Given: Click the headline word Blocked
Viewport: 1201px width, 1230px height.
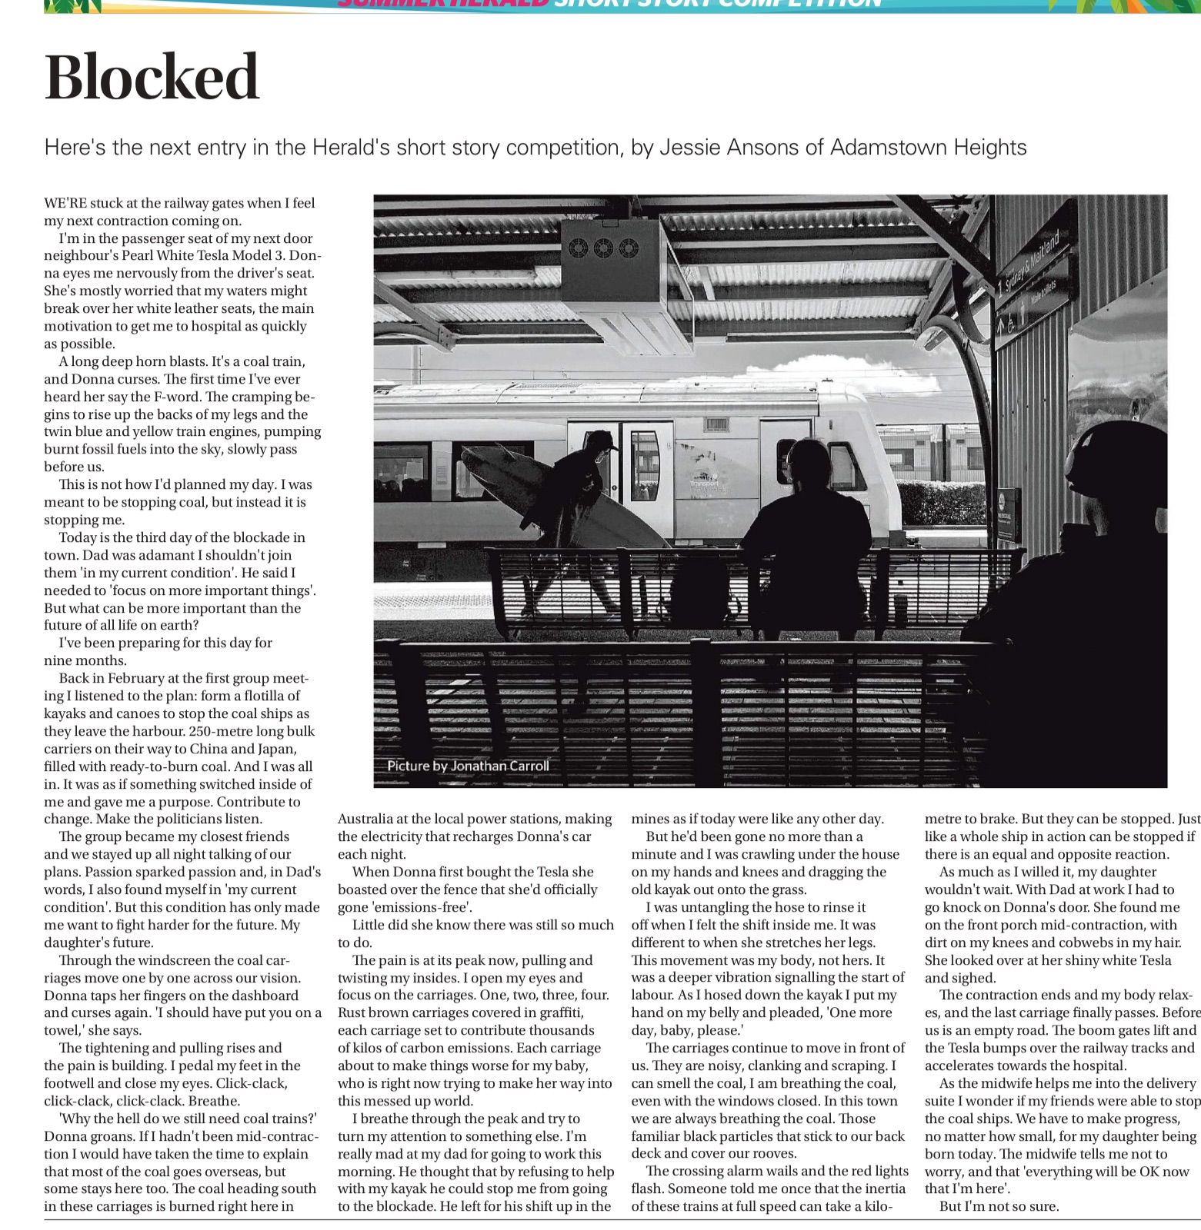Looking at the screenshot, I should tap(152, 78).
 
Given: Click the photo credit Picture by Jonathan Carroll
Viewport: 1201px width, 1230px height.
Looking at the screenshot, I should tap(468, 766).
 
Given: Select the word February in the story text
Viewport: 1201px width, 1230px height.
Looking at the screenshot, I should tap(129, 678).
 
